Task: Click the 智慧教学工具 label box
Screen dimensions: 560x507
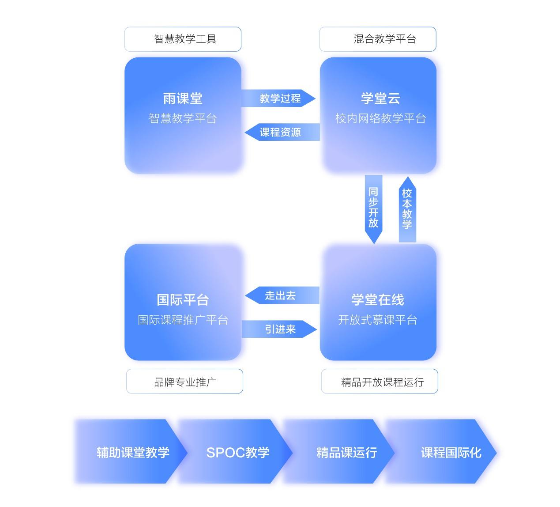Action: point(183,39)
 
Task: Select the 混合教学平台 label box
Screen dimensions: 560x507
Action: point(378,39)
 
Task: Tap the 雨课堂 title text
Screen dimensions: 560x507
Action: point(183,98)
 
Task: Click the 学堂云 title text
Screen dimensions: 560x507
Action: point(380,98)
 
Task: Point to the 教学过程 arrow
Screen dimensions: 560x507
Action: point(278,98)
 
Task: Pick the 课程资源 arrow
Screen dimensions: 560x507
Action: point(282,132)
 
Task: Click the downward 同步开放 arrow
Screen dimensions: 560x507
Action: point(373,209)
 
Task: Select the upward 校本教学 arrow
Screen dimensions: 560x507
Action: point(408,209)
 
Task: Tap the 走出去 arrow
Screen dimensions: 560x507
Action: point(282,295)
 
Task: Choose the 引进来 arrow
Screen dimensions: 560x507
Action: point(279,329)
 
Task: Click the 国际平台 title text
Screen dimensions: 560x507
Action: point(183,300)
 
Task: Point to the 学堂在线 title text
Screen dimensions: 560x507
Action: point(378,300)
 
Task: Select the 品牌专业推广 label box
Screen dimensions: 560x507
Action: point(184,381)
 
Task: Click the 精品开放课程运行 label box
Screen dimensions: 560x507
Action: point(380,381)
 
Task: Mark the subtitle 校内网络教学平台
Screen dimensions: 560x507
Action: point(380,118)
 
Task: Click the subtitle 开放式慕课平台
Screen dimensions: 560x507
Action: point(378,320)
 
